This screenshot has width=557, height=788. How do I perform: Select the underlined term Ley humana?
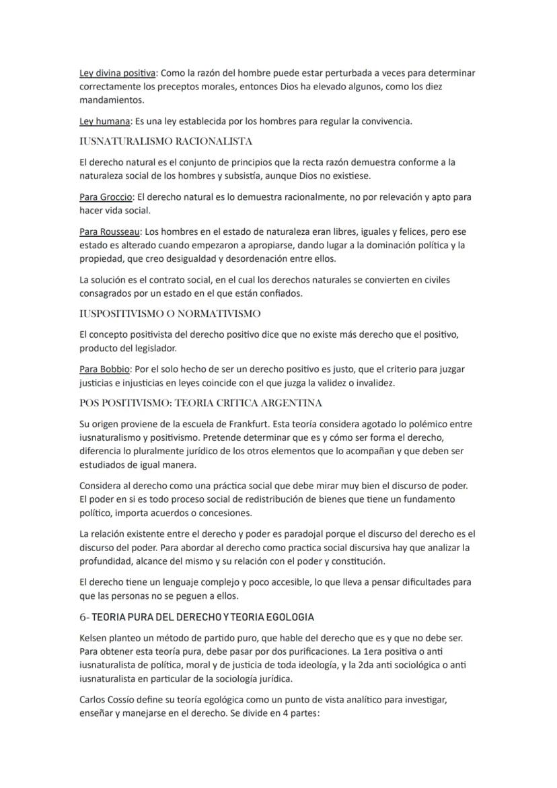pyautogui.click(x=104, y=121)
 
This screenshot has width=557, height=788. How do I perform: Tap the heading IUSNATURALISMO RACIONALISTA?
pyautogui.click(x=165, y=141)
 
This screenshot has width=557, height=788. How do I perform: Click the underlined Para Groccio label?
pyautogui.click(x=106, y=197)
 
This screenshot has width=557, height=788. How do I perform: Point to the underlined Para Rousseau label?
pyautogui.click(x=110, y=231)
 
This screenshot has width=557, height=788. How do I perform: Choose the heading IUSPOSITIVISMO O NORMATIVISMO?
pyautogui.click(x=170, y=314)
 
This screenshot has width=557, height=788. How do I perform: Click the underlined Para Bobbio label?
pyautogui.click(x=105, y=369)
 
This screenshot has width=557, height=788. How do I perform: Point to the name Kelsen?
pyautogui.click(x=93, y=637)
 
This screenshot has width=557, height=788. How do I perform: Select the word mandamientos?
pyautogui.click(x=110, y=100)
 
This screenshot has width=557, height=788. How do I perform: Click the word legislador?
pyautogui.click(x=168, y=348)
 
